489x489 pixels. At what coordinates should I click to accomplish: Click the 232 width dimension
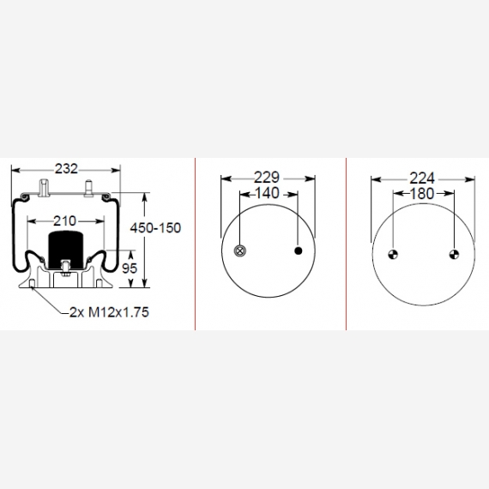[x=66, y=169]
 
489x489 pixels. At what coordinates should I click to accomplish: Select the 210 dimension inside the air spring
[x=64, y=221]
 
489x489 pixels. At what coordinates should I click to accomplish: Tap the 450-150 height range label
[x=155, y=228]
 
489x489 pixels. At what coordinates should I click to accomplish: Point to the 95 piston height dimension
[x=130, y=269]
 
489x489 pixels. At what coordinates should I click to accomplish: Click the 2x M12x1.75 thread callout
[x=109, y=312]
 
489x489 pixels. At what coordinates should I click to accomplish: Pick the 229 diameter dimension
[x=267, y=178]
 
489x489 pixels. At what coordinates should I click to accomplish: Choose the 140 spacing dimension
[x=267, y=193]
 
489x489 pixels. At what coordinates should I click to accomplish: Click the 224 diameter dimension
[x=422, y=178]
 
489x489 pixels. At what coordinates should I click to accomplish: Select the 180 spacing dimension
[x=421, y=194]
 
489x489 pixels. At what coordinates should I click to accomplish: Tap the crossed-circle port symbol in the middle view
[x=240, y=251]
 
